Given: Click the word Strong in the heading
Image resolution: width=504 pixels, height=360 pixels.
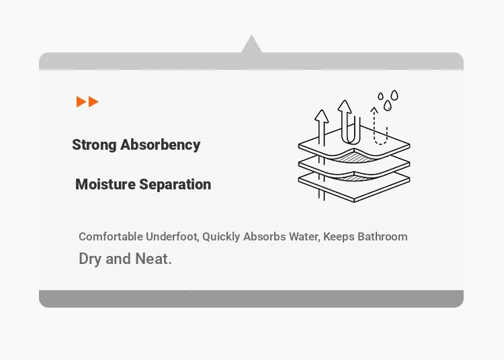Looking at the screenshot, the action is coord(94,145).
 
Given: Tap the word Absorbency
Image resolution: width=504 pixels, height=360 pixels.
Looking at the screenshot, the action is coord(161,144).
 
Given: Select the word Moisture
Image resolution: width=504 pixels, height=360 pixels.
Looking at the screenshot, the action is coord(106,184).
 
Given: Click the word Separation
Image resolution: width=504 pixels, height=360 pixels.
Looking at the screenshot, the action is coord(175,185).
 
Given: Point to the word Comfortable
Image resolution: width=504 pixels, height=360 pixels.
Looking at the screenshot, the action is coord(111,236).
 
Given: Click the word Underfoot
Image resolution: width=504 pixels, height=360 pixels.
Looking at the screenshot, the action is coord(173,236).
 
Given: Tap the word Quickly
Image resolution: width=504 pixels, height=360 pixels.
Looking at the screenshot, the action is coord(221,237).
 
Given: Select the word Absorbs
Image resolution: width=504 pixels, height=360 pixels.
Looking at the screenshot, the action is coord(265,236).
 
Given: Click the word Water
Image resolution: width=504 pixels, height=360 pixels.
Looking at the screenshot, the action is coord(304,236).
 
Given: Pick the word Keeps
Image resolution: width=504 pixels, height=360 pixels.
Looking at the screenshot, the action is coord(339,237).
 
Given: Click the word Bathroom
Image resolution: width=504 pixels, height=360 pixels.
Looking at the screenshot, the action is coord(382,236).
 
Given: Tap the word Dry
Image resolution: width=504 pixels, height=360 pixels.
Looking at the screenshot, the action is coord(90,259).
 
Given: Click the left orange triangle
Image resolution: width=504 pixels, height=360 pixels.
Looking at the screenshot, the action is coord(81,101).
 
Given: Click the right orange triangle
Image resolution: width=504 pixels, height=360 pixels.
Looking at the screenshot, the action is coord(93,102).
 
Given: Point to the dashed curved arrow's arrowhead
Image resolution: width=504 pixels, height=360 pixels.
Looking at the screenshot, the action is coord(374,110).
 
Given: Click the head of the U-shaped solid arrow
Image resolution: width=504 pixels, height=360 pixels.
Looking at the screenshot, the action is coord(345,106).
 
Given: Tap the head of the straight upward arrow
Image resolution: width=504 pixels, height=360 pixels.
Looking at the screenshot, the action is coord(321,116).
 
